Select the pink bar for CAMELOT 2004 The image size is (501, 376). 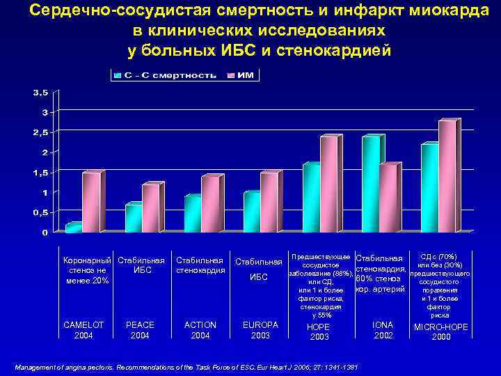[x=91, y=203]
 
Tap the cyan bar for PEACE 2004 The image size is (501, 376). [x=132, y=218]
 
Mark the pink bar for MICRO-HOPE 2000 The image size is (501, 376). [x=447, y=177]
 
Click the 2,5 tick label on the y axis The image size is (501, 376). [x=40, y=132]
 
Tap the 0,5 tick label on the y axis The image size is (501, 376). [x=40, y=212]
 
